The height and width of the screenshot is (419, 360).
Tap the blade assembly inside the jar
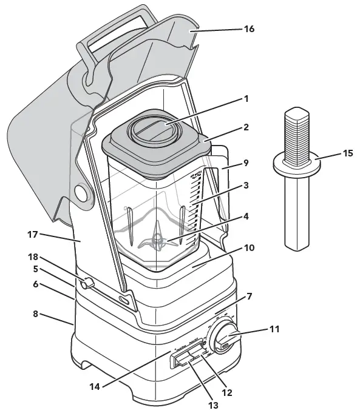click(x=157, y=241)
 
